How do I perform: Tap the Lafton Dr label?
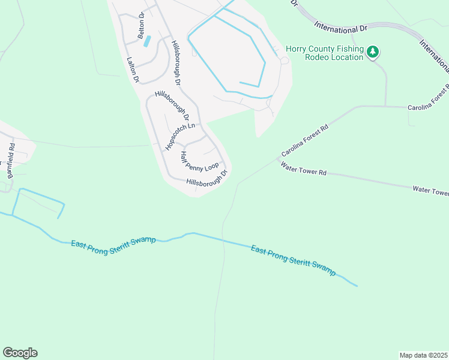[133, 70]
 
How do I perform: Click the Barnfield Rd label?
[10, 160]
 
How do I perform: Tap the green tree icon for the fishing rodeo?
[373, 53]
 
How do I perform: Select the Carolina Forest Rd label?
[305, 142]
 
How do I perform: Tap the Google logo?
[20, 353]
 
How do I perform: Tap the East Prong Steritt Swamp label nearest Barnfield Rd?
[113, 245]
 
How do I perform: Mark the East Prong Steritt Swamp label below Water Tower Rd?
[293, 259]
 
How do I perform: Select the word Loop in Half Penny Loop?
[212, 166]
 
